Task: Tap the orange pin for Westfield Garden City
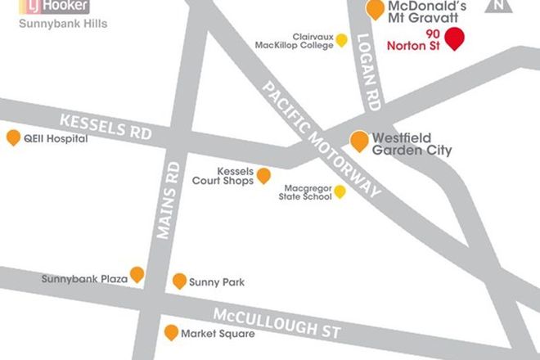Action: point(359,141)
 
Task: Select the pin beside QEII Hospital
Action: point(13,137)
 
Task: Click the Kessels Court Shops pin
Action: point(263,175)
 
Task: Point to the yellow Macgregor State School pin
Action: point(340,191)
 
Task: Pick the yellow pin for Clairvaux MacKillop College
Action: point(341,40)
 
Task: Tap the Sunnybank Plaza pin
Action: point(137,274)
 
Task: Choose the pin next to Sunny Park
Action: point(179,281)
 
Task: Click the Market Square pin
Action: point(171,332)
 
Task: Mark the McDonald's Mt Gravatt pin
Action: point(375,9)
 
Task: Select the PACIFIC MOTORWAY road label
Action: point(321,138)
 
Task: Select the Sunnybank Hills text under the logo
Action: point(63,24)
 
